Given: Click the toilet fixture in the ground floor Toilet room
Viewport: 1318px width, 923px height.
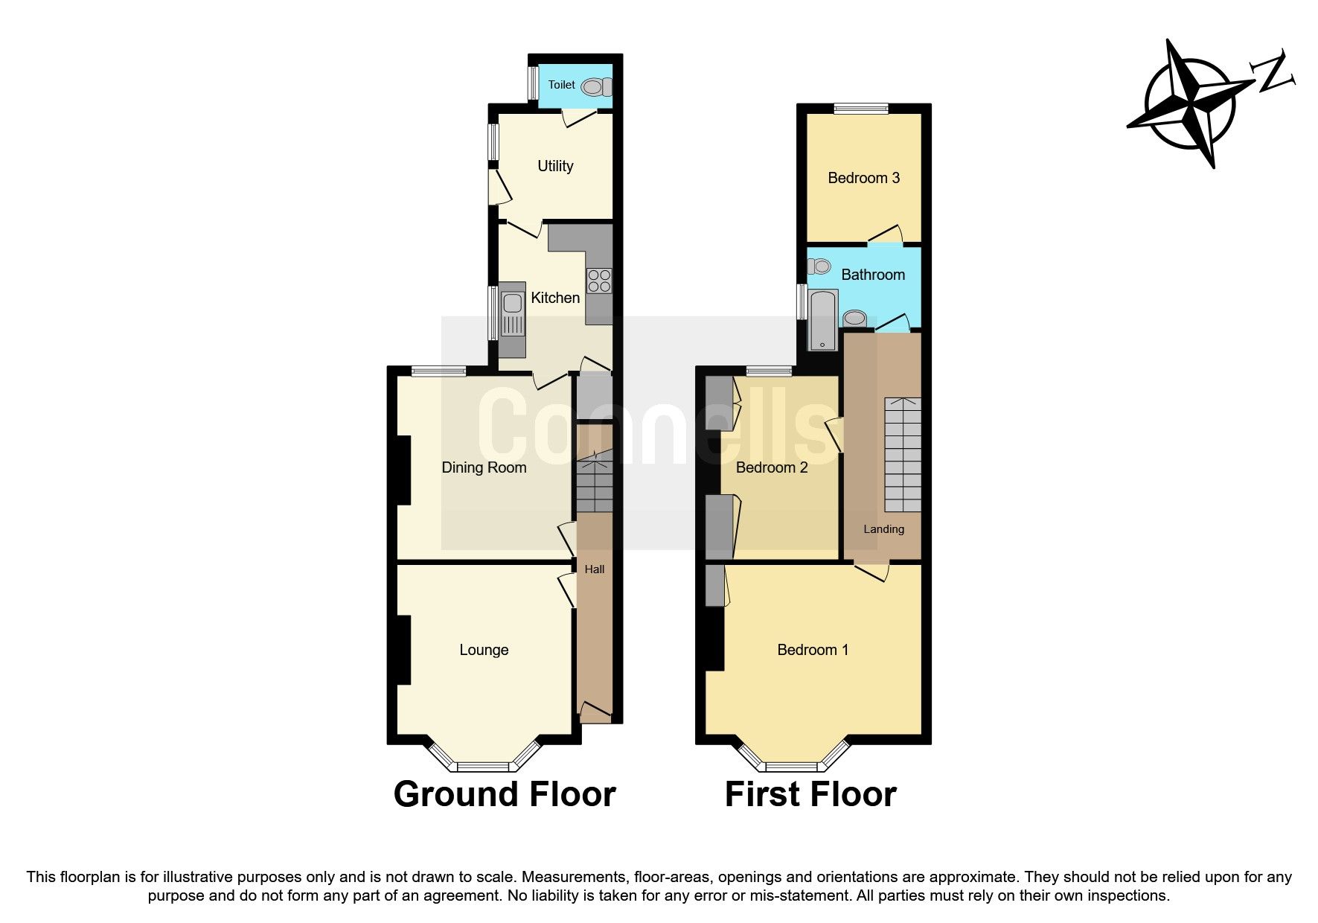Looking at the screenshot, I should (x=595, y=87).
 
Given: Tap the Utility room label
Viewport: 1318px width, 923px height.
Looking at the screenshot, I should (x=555, y=166).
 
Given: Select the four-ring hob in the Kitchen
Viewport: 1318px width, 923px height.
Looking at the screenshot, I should (x=599, y=281).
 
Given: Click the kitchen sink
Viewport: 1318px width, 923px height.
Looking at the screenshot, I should (x=512, y=312).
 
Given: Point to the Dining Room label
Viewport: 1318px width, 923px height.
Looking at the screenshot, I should (x=484, y=467).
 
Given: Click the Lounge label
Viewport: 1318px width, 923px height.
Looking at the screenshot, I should (x=484, y=650).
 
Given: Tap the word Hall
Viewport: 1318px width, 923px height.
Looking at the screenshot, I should (x=594, y=569).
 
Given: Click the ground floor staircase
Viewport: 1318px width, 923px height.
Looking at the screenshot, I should (x=594, y=484).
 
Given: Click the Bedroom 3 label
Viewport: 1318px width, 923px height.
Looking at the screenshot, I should (x=863, y=178).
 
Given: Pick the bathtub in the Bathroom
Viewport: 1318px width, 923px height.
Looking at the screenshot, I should (x=822, y=320).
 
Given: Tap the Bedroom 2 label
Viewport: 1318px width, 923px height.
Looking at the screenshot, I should (x=771, y=467).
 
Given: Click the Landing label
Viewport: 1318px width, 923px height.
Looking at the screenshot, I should (x=883, y=529).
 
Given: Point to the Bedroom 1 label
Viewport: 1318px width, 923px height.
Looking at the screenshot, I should (x=812, y=650).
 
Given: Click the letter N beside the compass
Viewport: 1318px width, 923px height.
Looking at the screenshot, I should (x=1274, y=72).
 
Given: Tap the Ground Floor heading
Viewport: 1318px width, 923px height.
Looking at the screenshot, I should (x=504, y=794).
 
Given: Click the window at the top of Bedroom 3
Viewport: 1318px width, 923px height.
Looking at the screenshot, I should (x=860, y=109).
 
